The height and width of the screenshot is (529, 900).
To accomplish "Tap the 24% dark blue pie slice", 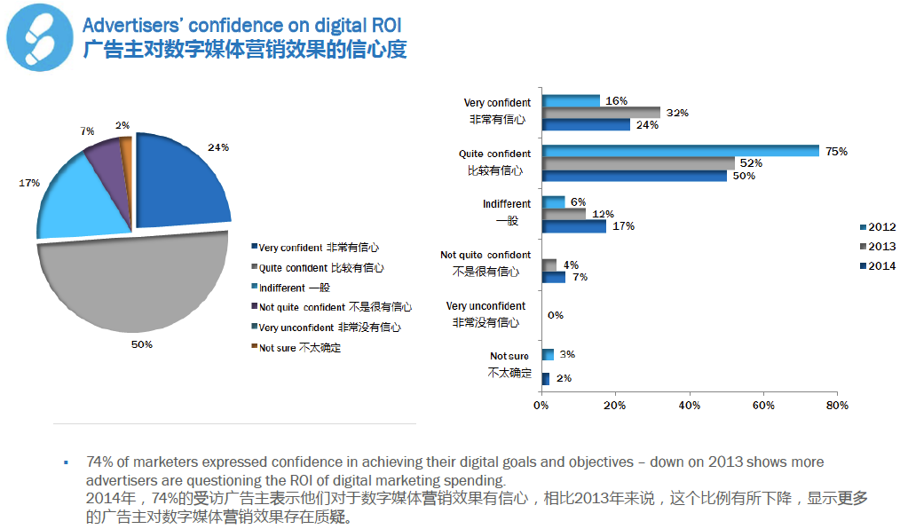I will pyautogui.click(x=178, y=182).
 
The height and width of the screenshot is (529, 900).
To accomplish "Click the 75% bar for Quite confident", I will pyautogui.click(x=680, y=151).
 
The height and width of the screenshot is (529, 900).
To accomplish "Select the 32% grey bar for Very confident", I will pyautogui.click(x=601, y=113).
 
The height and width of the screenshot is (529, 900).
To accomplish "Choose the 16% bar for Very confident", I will pyautogui.click(x=571, y=100).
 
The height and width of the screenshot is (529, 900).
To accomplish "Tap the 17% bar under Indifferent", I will pyautogui.click(x=573, y=226).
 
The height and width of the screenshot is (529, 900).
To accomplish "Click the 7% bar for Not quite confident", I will pyautogui.click(x=554, y=277).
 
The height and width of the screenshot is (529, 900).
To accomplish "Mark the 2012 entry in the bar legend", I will pyautogui.click(x=874, y=227).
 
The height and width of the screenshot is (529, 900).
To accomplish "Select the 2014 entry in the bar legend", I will pyautogui.click(x=874, y=265).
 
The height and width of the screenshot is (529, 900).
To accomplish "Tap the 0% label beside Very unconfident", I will pyautogui.click(x=556, y=315).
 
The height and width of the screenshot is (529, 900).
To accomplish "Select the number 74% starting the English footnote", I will pyautogui.click(x=99, y=462).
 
